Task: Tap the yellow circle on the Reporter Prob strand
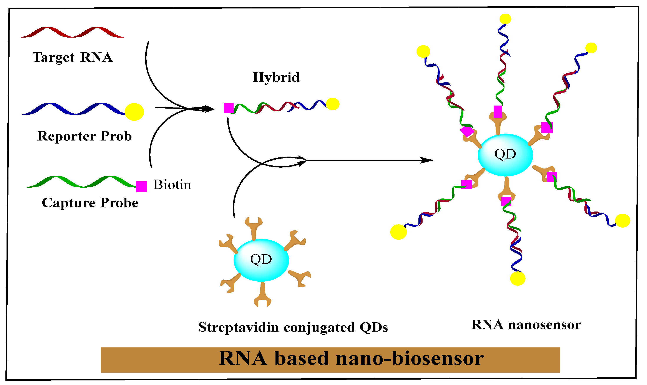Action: [x=134, y=112]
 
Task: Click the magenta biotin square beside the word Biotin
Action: [x=141, y=186]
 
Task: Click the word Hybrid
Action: [x=276, y=77]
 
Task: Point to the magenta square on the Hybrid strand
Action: [x=228, y=108]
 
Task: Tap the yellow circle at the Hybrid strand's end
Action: [x=333, y=104]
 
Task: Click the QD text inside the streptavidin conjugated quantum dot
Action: [x=261, y=259]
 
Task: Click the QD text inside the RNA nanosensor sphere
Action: [x=505, y=154]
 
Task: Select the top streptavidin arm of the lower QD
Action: [x=254, y=227]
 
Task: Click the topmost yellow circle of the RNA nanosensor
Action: [x=505, y=19]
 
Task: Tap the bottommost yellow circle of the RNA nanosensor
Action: [x=518, y=278]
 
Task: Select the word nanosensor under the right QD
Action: [x=544, y=325]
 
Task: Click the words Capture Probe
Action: [x=90, y=203]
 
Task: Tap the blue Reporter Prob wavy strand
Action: [x=75, y=109]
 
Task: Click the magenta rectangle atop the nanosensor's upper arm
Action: [x=498, y=112]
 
